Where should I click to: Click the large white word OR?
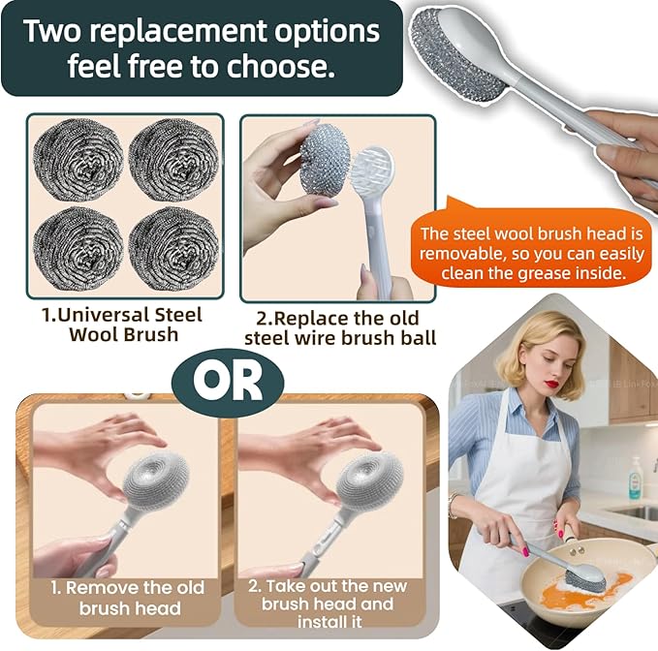228,383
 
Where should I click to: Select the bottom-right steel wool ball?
173,249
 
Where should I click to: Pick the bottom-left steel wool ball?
78,249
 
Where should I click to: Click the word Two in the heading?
51,31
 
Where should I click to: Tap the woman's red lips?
553,384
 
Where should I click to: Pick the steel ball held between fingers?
325,159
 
